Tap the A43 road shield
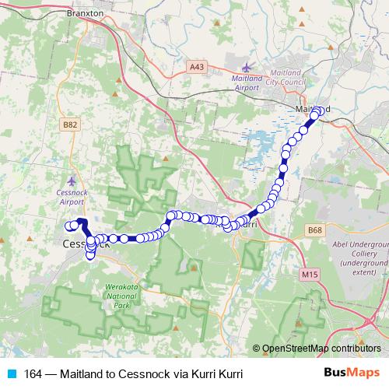click(x=198, y=68)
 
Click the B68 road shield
click(x=314, y=230)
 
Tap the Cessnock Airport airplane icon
click(x=72, y=180)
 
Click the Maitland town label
click(x=314, y=109)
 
